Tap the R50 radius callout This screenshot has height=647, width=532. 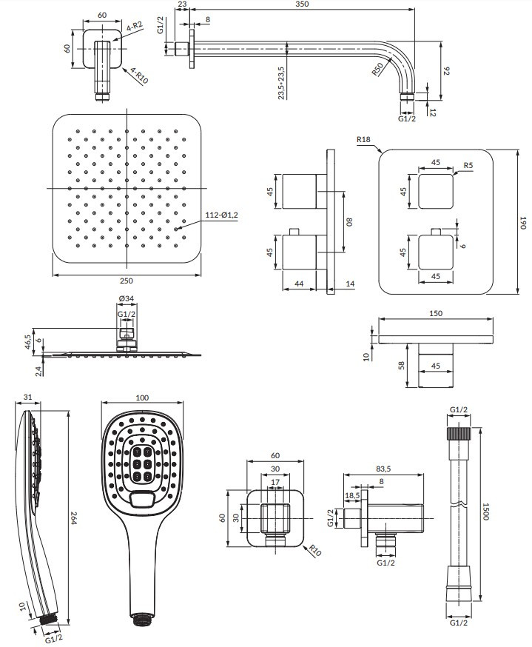coord(377,70)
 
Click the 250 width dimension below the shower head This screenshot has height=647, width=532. coord(127,280)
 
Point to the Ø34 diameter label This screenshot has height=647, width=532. coord(127,299)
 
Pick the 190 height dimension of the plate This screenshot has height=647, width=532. coord(522,223)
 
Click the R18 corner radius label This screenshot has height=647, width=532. coord(363,139)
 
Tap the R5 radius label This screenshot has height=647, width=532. coord(468,166)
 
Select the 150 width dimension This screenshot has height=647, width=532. coord(436,313)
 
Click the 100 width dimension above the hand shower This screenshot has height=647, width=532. coord(142,398)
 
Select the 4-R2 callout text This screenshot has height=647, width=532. coord(134,27)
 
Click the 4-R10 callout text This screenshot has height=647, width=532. coord(139,75)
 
